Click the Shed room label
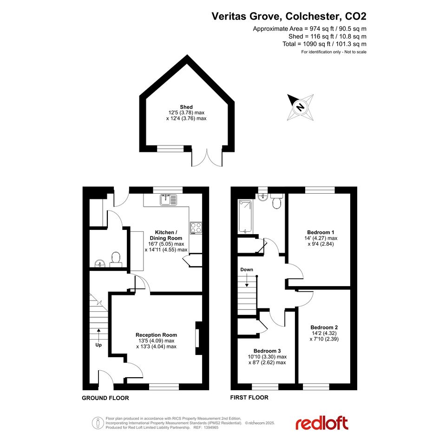(x=186, y=107)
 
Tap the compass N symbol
(x=300, y=107)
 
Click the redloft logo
(x=322, y=423)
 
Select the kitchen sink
(x=169, y=200)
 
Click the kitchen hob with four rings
(x=196, y=228)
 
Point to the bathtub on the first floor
(x=245, y=216)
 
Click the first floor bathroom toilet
(x=277, y=201)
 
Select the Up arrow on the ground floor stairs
(x=98, y=334)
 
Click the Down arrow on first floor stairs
(x=247, y=280)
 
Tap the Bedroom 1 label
(x=321, y=232)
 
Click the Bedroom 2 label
(x=324, y=328)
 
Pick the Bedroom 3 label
(x=267, y=351)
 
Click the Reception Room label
(x=156, y=335)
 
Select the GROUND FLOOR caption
(x=105, y=398)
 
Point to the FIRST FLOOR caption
(x=249, y=398)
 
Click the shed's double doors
(x=207, y=158)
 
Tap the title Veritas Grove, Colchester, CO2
(x=289, y=16)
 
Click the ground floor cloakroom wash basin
(x=99, y=263)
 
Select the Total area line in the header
(x=325, y=44)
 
